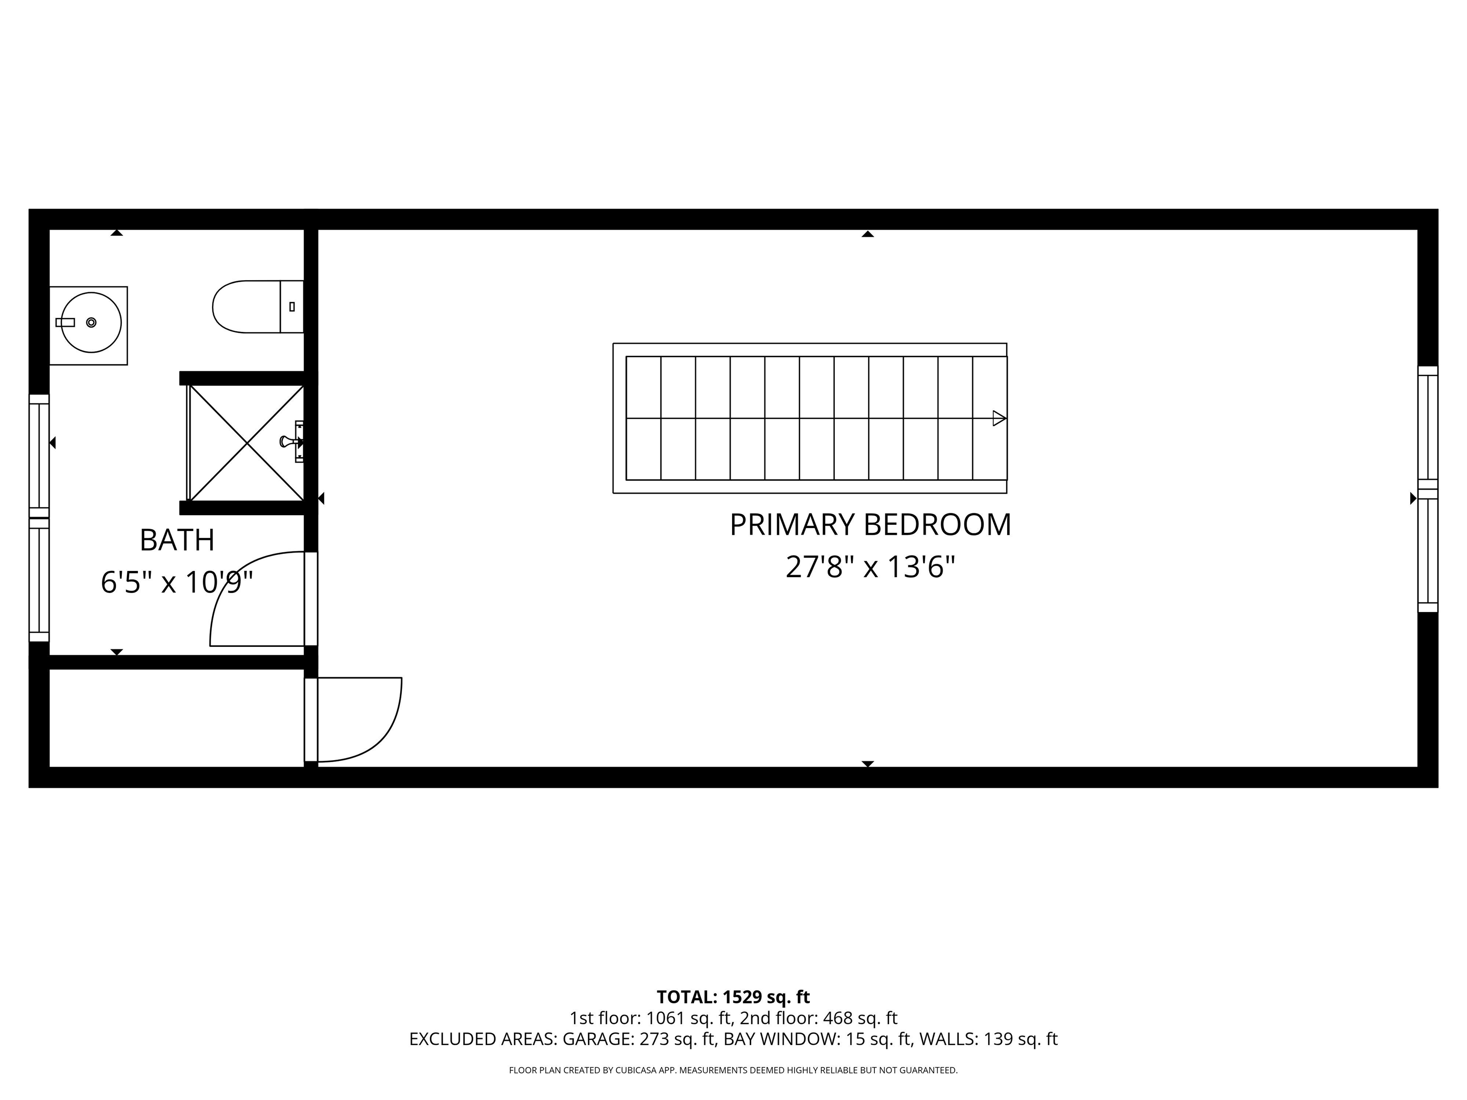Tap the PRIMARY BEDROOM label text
pos(870,525)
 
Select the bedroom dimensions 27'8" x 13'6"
pos(870,567)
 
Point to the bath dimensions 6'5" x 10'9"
pos(177,583)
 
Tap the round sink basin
pos(92,322)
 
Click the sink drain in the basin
pos(92,322)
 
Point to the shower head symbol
pos(290,441)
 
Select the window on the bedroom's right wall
pos(1427,489)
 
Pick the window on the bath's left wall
pos(39,518)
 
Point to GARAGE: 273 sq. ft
pos(639,1039)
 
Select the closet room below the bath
pos(176,718)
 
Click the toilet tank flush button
pos(292,307)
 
